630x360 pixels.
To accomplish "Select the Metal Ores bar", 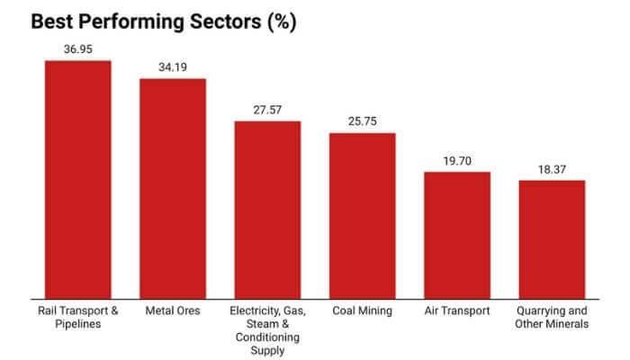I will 172,188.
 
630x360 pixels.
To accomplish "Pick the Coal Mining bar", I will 362,215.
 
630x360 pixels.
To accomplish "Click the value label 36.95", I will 77,49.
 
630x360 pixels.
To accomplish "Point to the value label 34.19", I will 172,67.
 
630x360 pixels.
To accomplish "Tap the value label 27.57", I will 267,110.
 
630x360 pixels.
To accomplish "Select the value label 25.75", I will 362,121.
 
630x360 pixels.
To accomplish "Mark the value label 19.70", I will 457,160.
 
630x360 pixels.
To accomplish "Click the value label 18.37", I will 552,169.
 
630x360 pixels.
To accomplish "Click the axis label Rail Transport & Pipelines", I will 77,318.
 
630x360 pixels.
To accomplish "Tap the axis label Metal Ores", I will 172,311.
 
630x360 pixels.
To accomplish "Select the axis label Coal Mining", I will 362,311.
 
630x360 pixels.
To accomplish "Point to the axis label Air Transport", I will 457,311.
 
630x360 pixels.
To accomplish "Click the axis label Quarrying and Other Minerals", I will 552,318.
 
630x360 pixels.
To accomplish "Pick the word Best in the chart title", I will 53,19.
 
